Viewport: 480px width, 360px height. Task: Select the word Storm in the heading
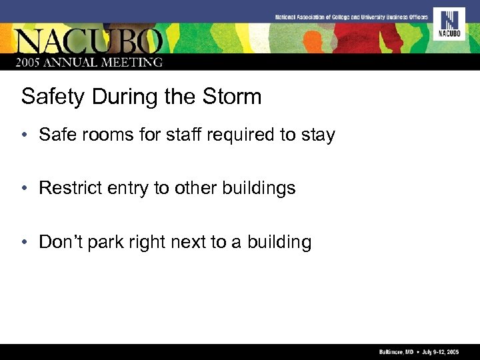[230, 97]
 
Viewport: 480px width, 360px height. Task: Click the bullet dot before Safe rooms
[24, 135]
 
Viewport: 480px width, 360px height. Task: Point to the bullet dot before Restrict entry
[24, 189]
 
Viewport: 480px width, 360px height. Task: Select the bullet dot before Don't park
[24, 242]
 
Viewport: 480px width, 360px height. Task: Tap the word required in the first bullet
[241, 135]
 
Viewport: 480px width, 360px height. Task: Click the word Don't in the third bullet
[60, 241]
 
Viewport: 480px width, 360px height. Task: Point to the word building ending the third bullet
[279, 242]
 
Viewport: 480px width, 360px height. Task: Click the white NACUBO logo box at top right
[449, 24]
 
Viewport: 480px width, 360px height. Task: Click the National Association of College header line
[351, 16]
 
